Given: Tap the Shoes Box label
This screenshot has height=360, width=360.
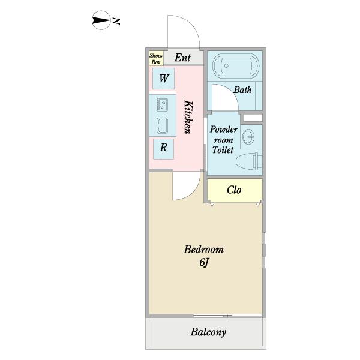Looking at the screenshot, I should (156, 58).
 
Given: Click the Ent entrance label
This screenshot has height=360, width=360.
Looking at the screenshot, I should (182, 58).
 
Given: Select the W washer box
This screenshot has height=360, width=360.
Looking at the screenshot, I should (163, 78).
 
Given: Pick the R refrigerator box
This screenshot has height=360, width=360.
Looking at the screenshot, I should (163, 147).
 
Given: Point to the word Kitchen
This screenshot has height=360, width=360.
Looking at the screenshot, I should (188, 116).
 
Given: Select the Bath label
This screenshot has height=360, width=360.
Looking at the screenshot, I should (242, 90).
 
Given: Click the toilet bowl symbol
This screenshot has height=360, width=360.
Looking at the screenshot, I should (247, 161).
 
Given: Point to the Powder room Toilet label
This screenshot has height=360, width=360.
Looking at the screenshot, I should (223, 140).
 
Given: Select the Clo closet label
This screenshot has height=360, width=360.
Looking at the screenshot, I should (234, 190).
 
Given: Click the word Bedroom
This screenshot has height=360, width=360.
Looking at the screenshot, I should (203, 249).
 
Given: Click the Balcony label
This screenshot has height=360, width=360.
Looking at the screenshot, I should (208, 332).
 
